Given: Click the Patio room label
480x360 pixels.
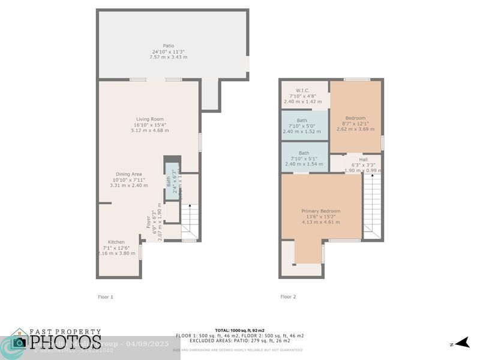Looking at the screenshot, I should (168, 46).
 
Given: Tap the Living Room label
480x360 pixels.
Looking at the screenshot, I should (149, 119).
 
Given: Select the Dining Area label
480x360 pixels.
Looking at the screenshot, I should (128, 174).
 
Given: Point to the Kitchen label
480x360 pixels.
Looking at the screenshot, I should (116, 242).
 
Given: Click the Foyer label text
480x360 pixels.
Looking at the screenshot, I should (148, 221).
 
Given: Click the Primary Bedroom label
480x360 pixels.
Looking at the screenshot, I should (320, 211).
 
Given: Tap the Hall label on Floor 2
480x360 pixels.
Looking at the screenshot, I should (363, 160).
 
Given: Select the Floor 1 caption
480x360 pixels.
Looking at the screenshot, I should (106, 296).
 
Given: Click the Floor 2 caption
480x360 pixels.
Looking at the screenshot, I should (288, 296).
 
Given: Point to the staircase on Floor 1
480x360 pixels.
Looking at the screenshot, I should (190, 221).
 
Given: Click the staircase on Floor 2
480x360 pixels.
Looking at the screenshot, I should (372, 204).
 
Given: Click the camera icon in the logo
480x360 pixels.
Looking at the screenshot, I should (19, 343).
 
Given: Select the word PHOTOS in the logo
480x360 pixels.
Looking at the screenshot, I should (65, 343).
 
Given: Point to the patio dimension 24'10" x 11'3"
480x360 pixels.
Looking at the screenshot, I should (168, 52).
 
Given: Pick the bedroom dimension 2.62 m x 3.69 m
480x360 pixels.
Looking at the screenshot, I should (355, 129).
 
